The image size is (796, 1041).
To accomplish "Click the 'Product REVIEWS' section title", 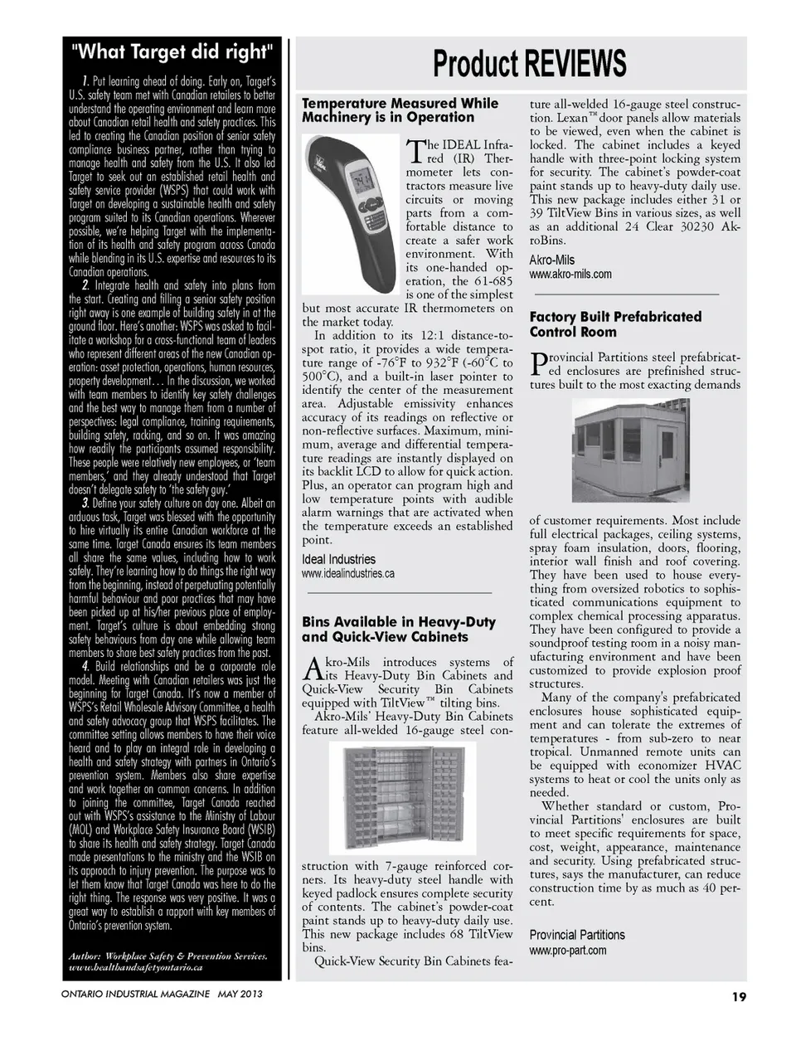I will [528, 64].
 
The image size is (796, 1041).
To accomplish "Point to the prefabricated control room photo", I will [635, 448].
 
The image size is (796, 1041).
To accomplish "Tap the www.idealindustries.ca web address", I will [347, 573].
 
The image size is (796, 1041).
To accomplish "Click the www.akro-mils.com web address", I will [570, 274].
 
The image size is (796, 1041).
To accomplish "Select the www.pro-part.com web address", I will [567, 950].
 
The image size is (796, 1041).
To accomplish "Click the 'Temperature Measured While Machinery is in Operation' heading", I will [400, 109].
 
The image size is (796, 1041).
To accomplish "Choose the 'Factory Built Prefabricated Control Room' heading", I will [615, 324].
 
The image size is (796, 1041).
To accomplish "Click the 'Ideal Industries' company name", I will [338, 559].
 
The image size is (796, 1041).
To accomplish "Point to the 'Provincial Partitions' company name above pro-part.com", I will [577, 935].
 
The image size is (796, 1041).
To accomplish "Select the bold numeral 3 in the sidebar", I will [85, 503].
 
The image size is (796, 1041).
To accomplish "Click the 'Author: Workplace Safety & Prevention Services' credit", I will [168, 956].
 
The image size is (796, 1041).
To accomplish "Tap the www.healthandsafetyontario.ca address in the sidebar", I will [136, 967].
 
